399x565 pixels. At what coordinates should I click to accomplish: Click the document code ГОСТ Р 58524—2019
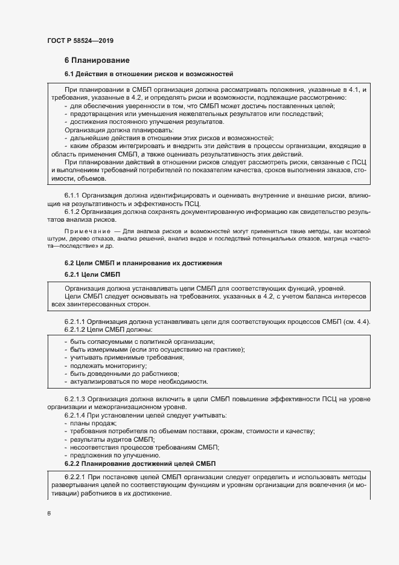80,40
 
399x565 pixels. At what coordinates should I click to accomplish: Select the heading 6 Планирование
97,60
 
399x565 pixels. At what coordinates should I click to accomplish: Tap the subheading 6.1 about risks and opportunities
148,74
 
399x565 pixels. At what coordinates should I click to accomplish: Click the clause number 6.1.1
72,196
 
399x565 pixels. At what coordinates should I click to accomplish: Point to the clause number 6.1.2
72,211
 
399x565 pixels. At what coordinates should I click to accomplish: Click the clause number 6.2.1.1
74,321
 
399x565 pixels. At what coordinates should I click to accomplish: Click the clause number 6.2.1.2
74,329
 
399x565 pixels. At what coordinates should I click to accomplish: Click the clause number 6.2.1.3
74,399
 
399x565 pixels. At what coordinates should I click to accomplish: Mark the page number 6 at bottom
49,514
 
